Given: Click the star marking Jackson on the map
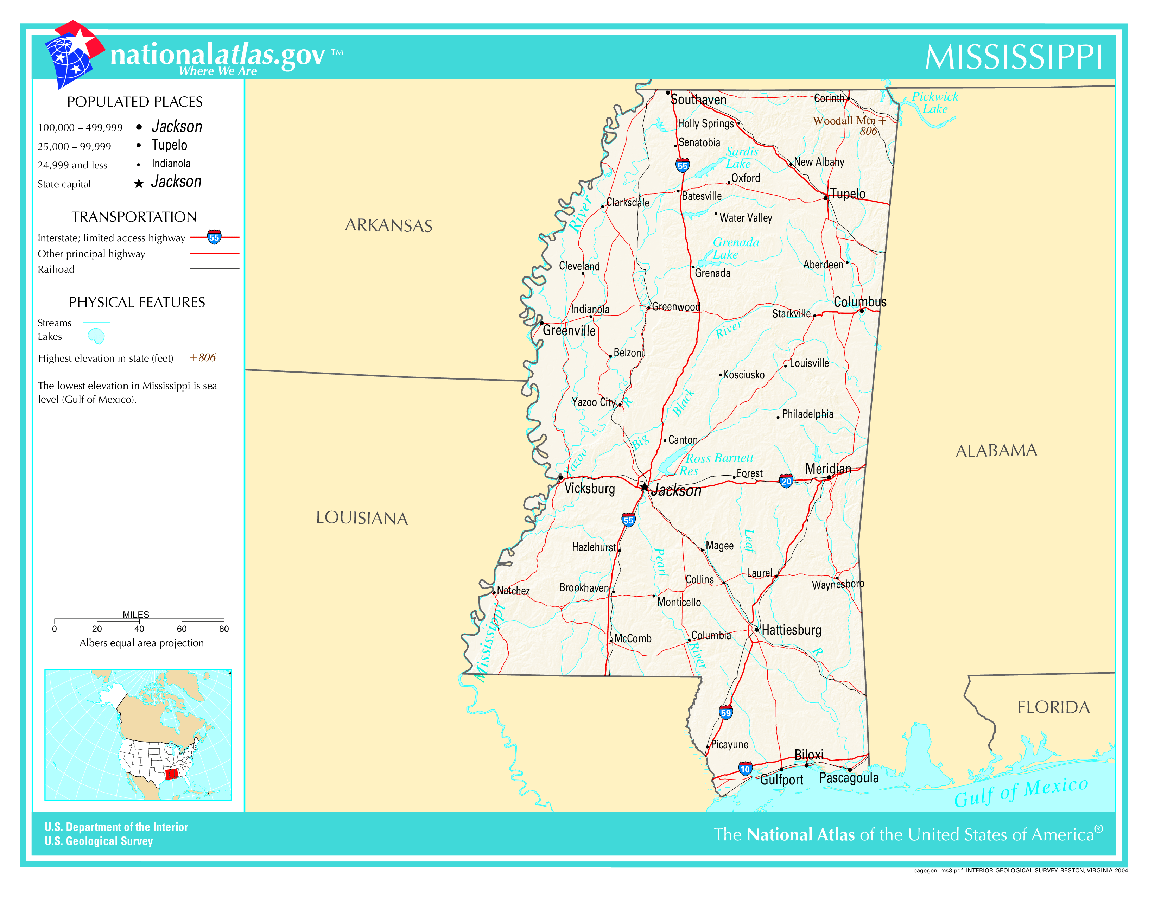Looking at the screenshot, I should click(x=644, y=487).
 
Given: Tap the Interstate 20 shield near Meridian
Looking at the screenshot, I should click(x=786, y=481).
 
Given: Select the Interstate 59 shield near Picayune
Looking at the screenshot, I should click(x=725, y=712).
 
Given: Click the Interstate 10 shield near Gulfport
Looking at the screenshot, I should click(x=745, y=768).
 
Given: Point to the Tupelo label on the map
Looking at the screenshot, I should click(x=848, y=194).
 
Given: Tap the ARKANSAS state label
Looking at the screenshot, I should click(x=389, y=225).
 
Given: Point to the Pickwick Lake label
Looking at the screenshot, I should click(x=934, y=103).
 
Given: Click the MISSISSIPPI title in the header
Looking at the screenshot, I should click(x=1013, y=57).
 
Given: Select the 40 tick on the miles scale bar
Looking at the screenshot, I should click(x=139, y=629).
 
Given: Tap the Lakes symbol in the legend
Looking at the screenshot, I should click(x=96, y=336).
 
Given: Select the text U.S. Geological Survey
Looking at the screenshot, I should click(x=99, y=841).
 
